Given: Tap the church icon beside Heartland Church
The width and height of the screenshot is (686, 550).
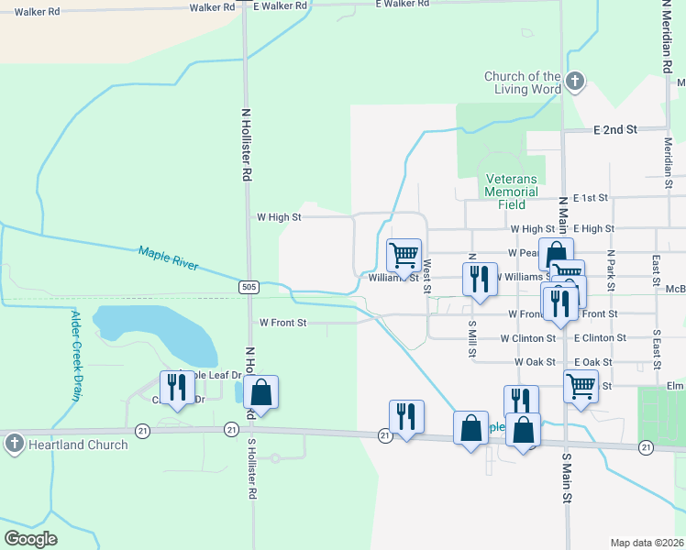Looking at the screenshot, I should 14,445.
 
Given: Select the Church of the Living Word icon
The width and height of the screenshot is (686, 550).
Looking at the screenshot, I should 575,82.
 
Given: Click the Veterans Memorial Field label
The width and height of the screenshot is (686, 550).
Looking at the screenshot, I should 512,192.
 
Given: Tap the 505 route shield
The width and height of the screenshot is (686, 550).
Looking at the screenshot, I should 250,287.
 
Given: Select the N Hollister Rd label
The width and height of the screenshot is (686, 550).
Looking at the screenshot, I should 246,147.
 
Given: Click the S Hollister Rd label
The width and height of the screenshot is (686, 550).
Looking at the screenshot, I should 252,467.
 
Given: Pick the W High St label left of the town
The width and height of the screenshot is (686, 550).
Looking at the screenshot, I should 279,217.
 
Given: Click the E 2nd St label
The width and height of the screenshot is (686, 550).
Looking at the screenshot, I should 615,130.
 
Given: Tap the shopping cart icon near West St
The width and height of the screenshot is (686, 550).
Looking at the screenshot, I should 404,254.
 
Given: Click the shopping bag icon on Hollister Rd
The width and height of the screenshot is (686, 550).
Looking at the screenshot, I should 261,391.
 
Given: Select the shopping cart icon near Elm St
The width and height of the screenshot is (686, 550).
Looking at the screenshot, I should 581,386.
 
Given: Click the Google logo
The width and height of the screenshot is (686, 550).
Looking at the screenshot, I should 31,538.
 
